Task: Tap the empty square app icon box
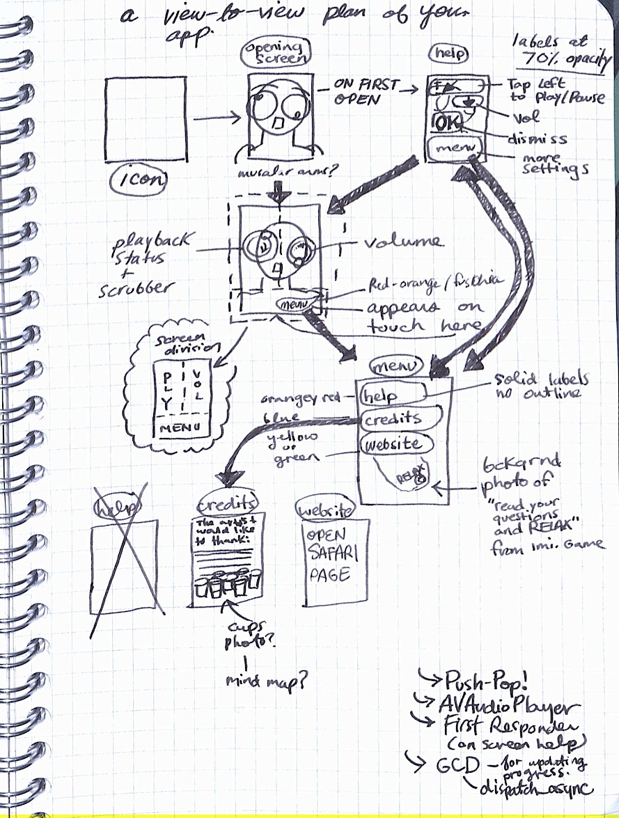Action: click(x=145, y=119)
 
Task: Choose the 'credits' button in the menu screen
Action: click(x=401, y=419)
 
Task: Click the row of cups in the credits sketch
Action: click(x=228, y=583)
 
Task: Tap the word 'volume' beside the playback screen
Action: click(x=400, y=242)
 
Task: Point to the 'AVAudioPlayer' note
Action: click(x=508, y=707)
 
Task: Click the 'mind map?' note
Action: click(x=267, y=682)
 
